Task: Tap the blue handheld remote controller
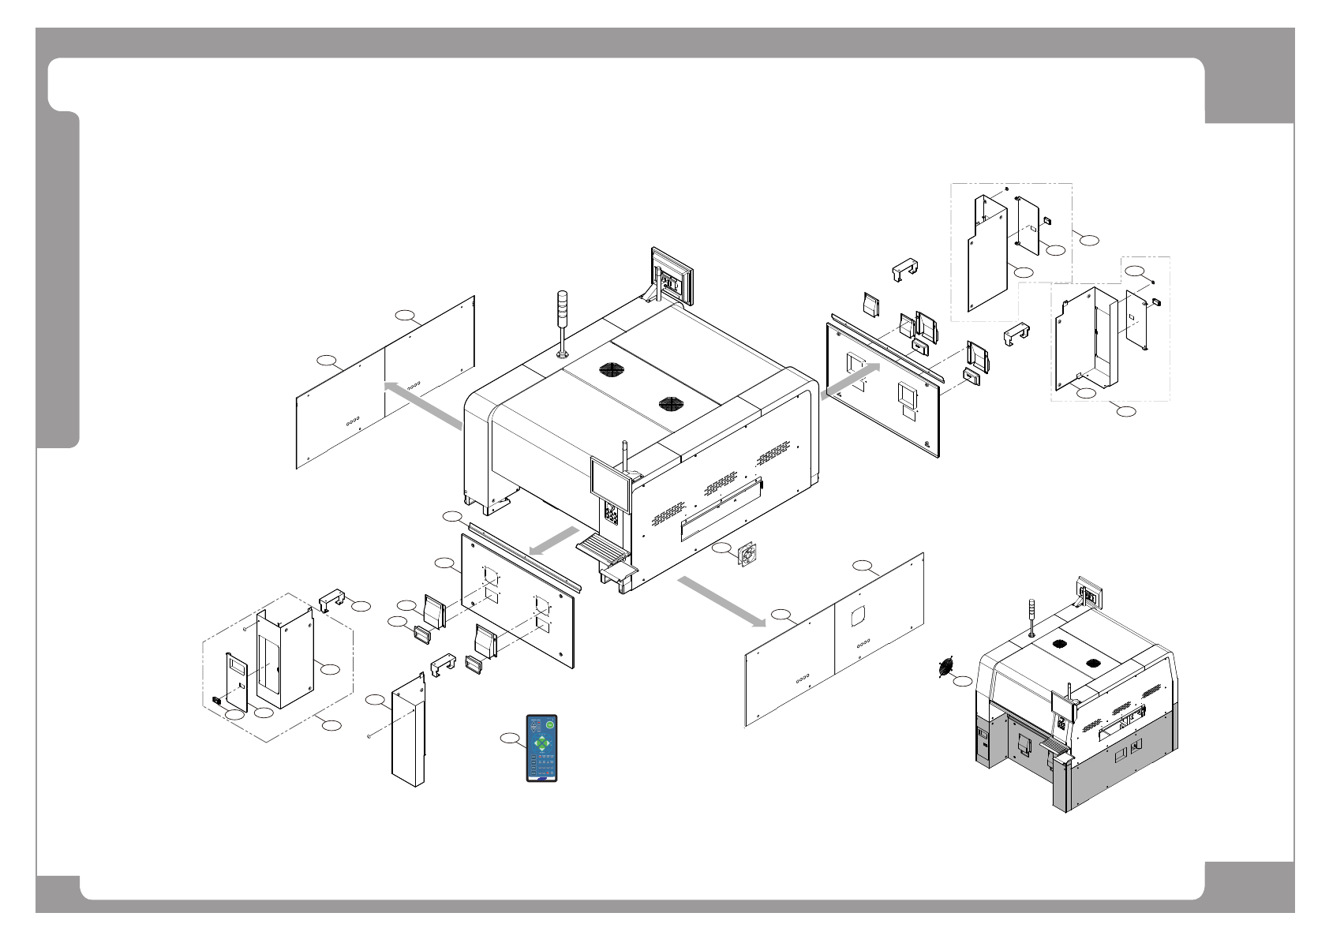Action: click(541, 748)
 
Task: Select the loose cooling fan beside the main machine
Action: click(747, 556)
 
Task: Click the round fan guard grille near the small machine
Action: click(945, 667)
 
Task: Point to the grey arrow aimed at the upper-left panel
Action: click(422, 405)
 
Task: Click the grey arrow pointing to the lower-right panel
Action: click(721, 601)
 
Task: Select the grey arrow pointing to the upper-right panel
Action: click(851, 381)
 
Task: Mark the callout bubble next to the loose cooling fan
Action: click(721, 548)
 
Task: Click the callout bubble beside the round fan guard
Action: click(963, 680)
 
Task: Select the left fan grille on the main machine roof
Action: click(611, 368)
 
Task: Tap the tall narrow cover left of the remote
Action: click(409, 730)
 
